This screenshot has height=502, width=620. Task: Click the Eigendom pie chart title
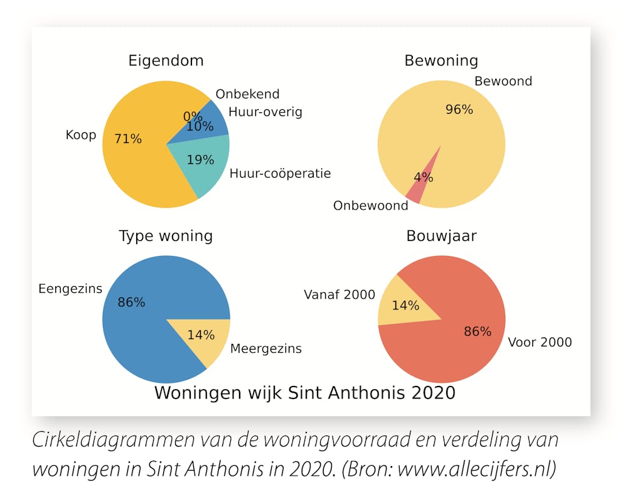click(166, 61)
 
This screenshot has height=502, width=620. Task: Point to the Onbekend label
click(247, 94)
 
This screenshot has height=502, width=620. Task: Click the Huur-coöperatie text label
click(280, 173)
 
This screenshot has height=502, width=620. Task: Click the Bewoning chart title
click(441, 61)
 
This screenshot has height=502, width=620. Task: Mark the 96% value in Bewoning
click(459, 110)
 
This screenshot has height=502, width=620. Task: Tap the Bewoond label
click(503, 81)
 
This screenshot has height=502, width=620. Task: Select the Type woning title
click(166, 236)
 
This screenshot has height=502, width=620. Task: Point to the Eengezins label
click(70, 289)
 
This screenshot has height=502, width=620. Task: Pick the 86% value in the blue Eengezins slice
click(131, 302)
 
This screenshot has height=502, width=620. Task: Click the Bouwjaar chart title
click(441, 236)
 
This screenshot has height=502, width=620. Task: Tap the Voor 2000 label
click(540, 343)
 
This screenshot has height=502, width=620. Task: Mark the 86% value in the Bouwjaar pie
click(478, 332)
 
